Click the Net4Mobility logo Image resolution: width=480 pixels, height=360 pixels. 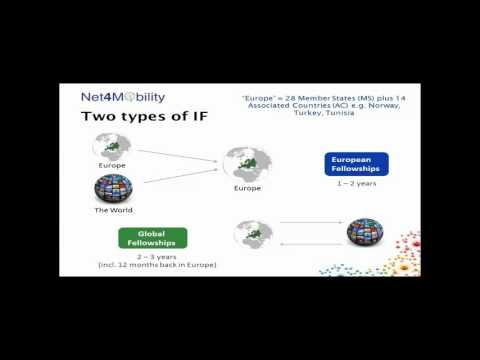(x=123, y=98)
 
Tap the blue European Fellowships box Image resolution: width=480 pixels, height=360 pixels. (x=357, y=164)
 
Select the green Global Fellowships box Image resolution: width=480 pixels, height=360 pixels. (x=153, y=238)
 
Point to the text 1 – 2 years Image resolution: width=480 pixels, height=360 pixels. (x=357, y=183)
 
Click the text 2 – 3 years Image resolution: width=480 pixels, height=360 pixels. (x=152, y=256)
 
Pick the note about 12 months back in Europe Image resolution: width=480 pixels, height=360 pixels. (x=152, y=264)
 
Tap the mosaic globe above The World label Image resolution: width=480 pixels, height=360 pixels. (x=113, y=189)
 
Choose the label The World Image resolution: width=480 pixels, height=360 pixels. (x=114, y=211)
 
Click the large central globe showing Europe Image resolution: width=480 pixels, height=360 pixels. (x=246, y=164)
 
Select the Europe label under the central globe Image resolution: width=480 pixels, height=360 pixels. (x=247, y=188)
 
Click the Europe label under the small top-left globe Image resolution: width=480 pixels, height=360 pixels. (x=112, y=165)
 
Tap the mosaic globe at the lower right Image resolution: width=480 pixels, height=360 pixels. (x=364, y=234)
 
